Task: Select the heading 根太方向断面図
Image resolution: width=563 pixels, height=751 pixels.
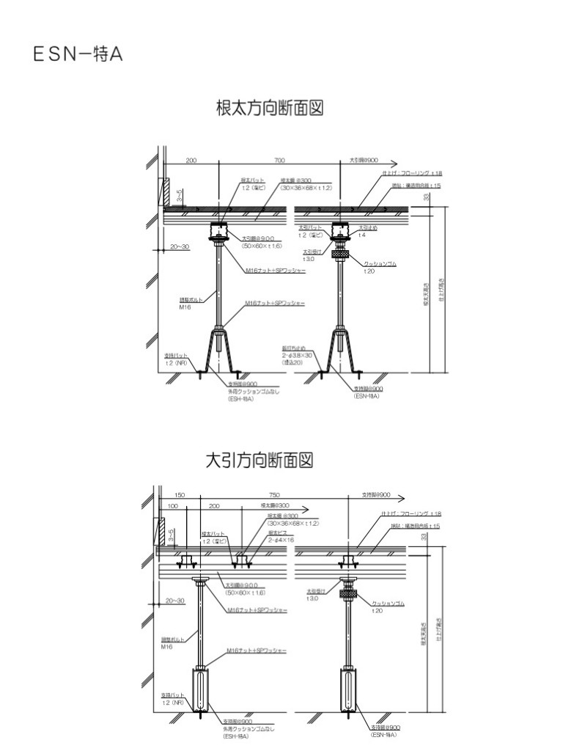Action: tap(270, 109)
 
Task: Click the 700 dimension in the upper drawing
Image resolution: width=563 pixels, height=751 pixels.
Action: tap(279, 159)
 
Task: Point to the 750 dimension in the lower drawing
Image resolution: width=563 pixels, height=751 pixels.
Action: tap(275, 494)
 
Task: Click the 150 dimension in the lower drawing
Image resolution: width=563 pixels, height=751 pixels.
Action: tap(180, 494)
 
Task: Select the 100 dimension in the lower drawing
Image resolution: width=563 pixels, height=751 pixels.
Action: tap(173, 506)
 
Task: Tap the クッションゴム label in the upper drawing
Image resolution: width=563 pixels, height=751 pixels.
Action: tap(380, 264)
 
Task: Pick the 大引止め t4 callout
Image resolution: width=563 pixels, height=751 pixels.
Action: tap(367, 231)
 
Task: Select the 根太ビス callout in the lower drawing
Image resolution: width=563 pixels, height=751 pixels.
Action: tap(279, 536)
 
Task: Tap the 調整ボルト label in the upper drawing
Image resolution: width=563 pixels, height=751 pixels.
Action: tap(191, 302)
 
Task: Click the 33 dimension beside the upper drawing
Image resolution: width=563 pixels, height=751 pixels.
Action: tap(427, 197)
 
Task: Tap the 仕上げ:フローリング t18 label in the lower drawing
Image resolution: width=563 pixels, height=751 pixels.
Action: tap(415, 514)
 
